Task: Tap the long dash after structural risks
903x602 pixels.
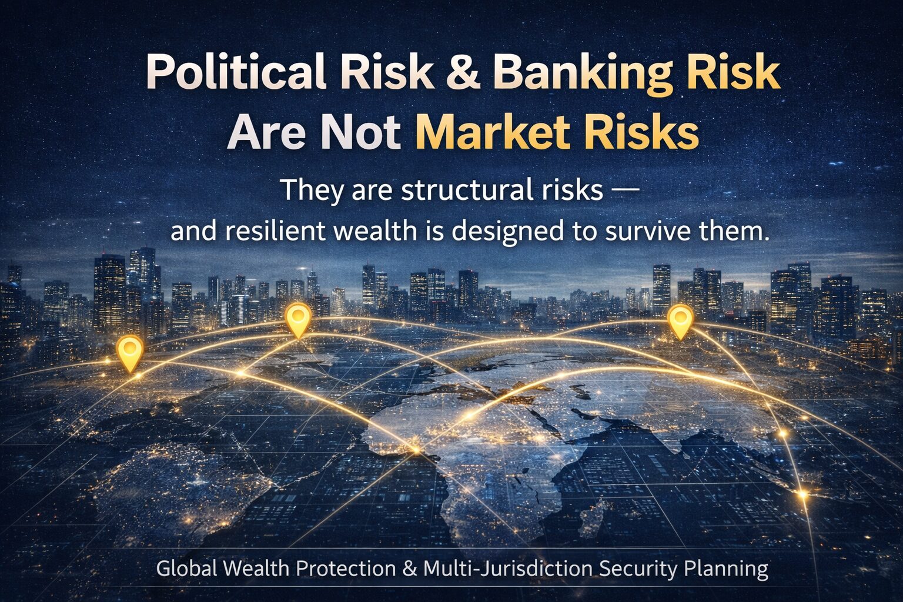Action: pyautogui.click(x=621, y=192)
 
